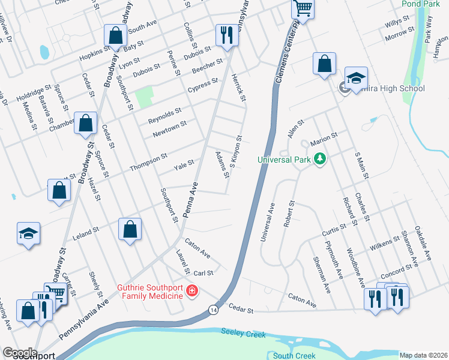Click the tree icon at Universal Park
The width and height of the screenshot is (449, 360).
[x=321, y=159]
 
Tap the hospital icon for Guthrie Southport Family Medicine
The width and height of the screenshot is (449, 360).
[x=192, y=292]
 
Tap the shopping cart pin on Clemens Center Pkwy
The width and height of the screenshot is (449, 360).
[x=303, y=8]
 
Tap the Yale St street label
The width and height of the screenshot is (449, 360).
[x=184, y=163]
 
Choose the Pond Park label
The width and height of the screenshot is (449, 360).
[x=422, y=3]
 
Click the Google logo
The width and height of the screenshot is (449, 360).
[x=19, y=352]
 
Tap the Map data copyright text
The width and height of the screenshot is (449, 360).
[x=423, y=355]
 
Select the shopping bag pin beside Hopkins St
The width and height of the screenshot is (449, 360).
[x=113, y=37]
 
